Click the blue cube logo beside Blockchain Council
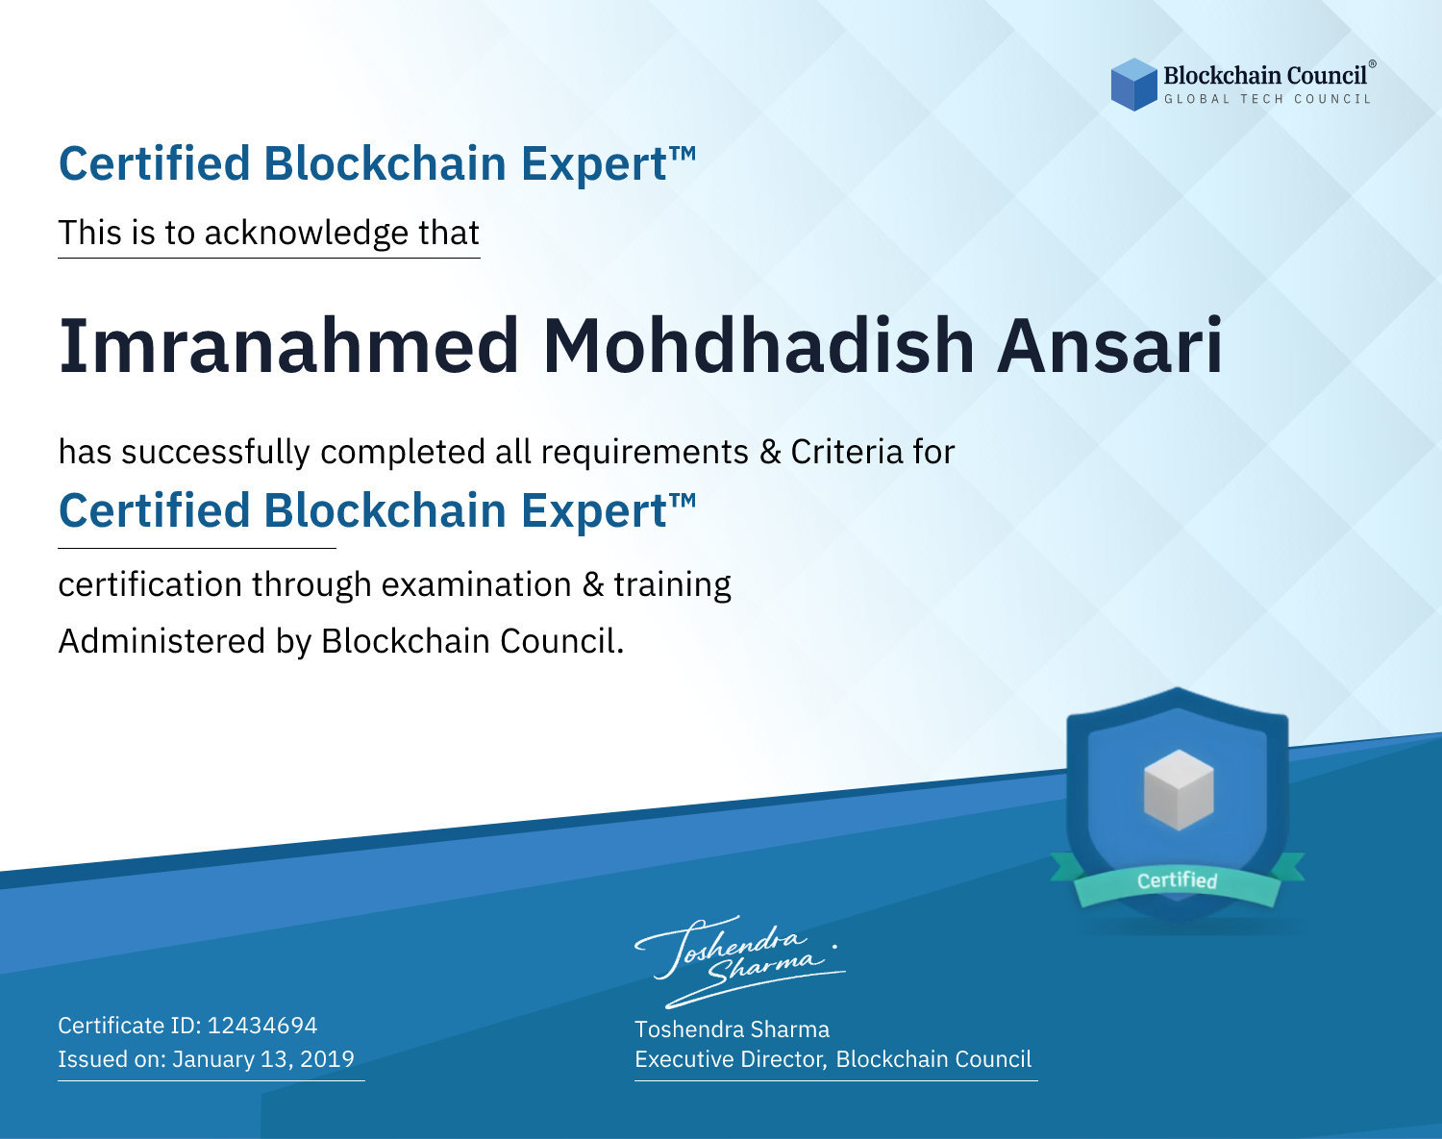[1133, 85]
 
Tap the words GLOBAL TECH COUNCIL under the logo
[1268, 99]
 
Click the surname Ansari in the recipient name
[1109, 346]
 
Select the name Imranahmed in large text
[288, 346]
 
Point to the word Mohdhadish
[758, 346]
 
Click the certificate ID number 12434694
[262, 1025]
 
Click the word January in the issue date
[214, 1058]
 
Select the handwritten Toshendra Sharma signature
[740, 961]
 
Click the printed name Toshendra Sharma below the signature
[732, 1029]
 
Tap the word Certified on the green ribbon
[1178, 880]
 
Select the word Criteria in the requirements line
[846, 452]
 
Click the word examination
[477, 584]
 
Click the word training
[672, 585]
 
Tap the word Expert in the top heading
[594, 164]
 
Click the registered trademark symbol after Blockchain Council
[1372, 63]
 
